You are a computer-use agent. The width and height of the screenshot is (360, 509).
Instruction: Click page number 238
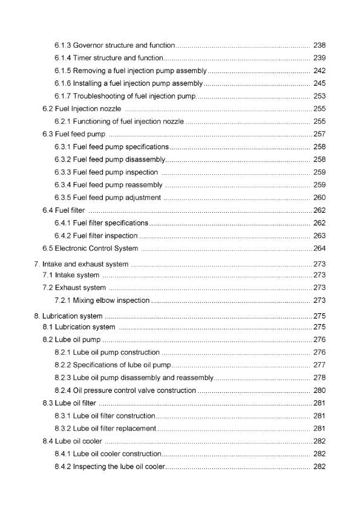pyautogui.click(x=319, y=45)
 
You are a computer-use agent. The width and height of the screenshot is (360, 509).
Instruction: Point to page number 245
pyautogui.click(x=319, y=83)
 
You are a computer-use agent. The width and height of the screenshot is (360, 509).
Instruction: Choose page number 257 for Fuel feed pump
pyautogui.click(x=319, y=134)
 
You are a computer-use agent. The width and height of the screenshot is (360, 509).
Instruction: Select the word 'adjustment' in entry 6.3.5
pyautogui.click(x=143, y=198)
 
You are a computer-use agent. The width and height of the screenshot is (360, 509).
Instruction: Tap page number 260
pyautogui.click(x=319, y=198)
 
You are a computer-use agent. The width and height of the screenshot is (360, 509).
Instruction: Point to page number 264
pyautogui.click(x=319, y=248)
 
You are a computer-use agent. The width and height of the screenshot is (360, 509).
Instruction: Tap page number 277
pyautogui.click(x=319, y=365)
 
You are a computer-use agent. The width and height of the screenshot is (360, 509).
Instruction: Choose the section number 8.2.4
pyautogui.click(x=62, y=391)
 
